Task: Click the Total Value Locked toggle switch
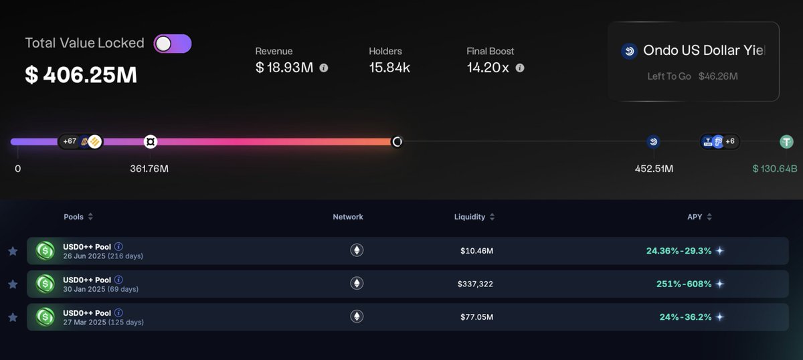[x=173, y=44]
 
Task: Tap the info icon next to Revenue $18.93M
[x=324, y=68]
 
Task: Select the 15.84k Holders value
[x=389, y=68]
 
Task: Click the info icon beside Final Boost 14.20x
[x=520, y=68]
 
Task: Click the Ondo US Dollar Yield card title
[x=703, y=50]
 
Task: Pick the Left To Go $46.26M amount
[x=718, y=76]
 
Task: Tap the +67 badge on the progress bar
[x=70, y=141]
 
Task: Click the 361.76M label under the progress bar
[x=149, y=169]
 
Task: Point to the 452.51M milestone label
[x=654, y=169]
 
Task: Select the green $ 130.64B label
[x=775, y=169]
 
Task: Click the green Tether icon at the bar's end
[x=786, y=142]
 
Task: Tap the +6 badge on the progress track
[x=729, y=141]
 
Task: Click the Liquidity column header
[x=474, y=217]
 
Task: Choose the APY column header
[x=695, y=217]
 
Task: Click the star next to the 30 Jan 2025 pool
[x=13, y=284]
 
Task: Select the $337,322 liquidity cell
[x=475, y=284]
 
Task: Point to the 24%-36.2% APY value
[x=685, y=317]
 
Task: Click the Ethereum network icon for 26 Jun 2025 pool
[x=357, y=251]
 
